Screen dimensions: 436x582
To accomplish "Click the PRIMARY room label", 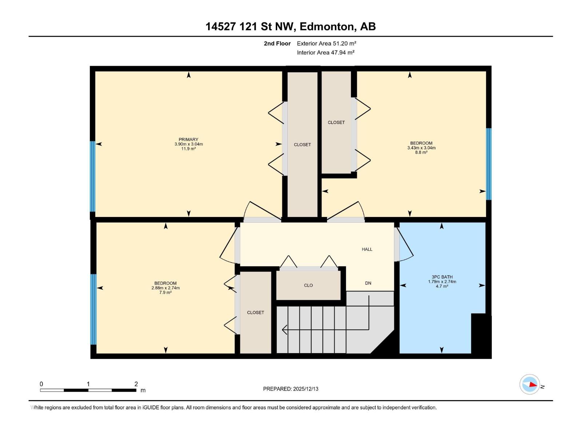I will click(188, 140).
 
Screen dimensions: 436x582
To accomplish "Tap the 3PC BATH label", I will click(442, 277).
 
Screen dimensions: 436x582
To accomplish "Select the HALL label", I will click(367, 249).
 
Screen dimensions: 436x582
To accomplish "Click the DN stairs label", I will click(368, 283).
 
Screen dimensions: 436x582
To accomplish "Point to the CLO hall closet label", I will click(308, 286).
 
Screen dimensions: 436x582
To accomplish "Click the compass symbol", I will click(530, 384).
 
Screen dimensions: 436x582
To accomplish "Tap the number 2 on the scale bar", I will click(136, 384).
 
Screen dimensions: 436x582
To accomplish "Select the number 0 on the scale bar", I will click(41, 384).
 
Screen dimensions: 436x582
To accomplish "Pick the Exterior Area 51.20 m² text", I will click(326, 43).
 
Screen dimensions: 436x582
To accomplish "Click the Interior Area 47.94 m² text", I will click(326, 52).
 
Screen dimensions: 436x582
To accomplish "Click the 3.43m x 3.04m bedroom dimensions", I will click(421, 148).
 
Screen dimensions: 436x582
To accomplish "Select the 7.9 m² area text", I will click(166, 292).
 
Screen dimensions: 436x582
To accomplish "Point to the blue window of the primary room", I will click(93, 176).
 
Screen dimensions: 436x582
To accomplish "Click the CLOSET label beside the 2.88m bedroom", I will click(255, 312).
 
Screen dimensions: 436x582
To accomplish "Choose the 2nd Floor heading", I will click(277, 44).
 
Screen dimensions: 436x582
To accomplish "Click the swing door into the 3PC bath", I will click(404, 243).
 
